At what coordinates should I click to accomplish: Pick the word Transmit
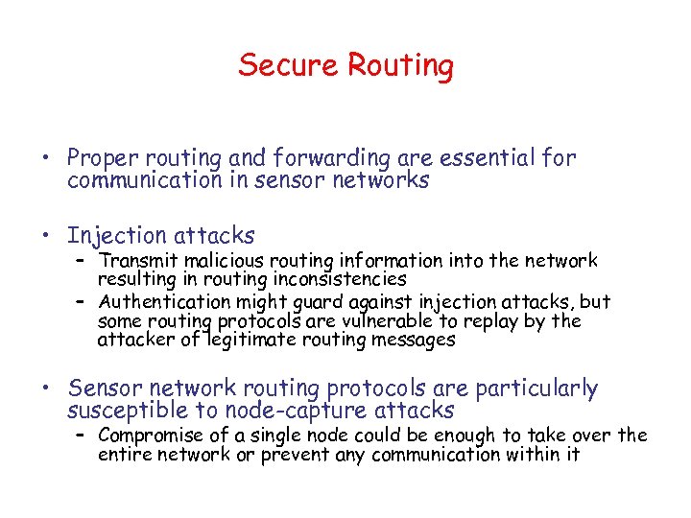coord(136,260)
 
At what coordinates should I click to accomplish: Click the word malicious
coord(218,260)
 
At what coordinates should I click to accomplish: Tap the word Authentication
coord(160,301)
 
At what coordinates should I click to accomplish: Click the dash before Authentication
coord(83,301)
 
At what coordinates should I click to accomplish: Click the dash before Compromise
coord(83,435)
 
